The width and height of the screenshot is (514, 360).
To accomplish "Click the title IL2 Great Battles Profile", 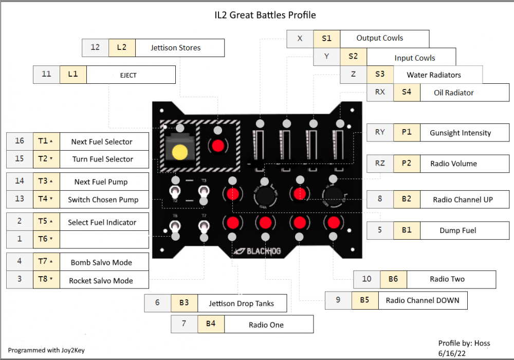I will point(258,15).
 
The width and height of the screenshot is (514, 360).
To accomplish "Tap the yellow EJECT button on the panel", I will point(180,152).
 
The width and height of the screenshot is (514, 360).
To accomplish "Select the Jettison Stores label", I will point(176,48).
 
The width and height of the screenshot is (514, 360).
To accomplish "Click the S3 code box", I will point(380,75).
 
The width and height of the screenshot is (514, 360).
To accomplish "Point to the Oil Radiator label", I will point(454,93).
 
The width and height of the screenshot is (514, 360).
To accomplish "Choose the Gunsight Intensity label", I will point(460,133).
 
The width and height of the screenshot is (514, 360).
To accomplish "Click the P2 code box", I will point(407,164).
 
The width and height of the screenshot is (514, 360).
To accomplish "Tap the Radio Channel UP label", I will point(463,200).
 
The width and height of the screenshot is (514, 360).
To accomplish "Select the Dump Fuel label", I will point(457,230).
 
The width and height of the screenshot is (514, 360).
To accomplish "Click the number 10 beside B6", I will point(366,279).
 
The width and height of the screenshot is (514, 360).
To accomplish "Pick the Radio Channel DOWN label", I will point(423,300).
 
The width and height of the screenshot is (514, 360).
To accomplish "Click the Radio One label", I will point(266,325).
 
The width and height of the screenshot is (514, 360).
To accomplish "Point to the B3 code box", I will point(184,303).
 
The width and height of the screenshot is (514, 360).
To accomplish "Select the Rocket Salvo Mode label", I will point(101,281).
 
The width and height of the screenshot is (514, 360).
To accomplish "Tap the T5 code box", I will point(46,222).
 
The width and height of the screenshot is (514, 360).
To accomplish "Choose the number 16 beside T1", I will point(20,141).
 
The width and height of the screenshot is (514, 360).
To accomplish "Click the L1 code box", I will point(73,74).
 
